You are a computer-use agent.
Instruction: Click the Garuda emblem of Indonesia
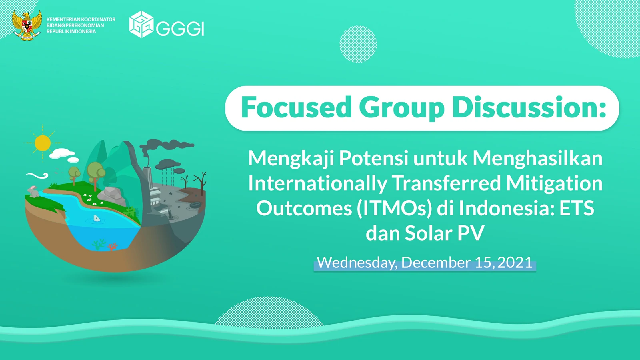point(26,25)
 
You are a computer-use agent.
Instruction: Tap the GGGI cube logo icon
point(142,24)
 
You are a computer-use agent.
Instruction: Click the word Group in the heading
point(402,108)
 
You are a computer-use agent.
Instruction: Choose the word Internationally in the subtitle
point(318,184)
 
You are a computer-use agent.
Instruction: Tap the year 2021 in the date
point(514,262)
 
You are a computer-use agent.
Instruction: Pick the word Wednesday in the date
point(356,263)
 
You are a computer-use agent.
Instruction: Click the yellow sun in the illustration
point(42,143)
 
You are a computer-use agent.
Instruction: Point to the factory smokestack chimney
point(148,183)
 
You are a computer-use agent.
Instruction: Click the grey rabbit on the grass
point(34,191)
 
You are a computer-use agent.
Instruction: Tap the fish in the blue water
point(96,218)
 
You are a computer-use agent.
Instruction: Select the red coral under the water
point(112,246)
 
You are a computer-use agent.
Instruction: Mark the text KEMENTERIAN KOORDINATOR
point(81,20)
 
